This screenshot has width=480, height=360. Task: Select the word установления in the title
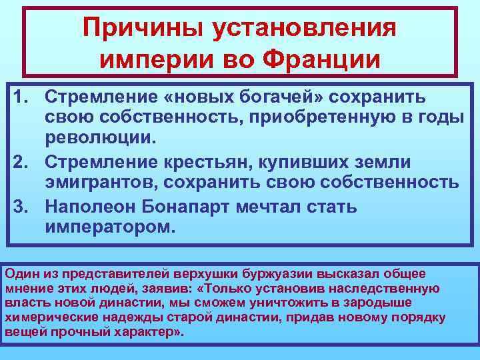(303, 29)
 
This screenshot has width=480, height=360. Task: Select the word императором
(111, 228)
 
